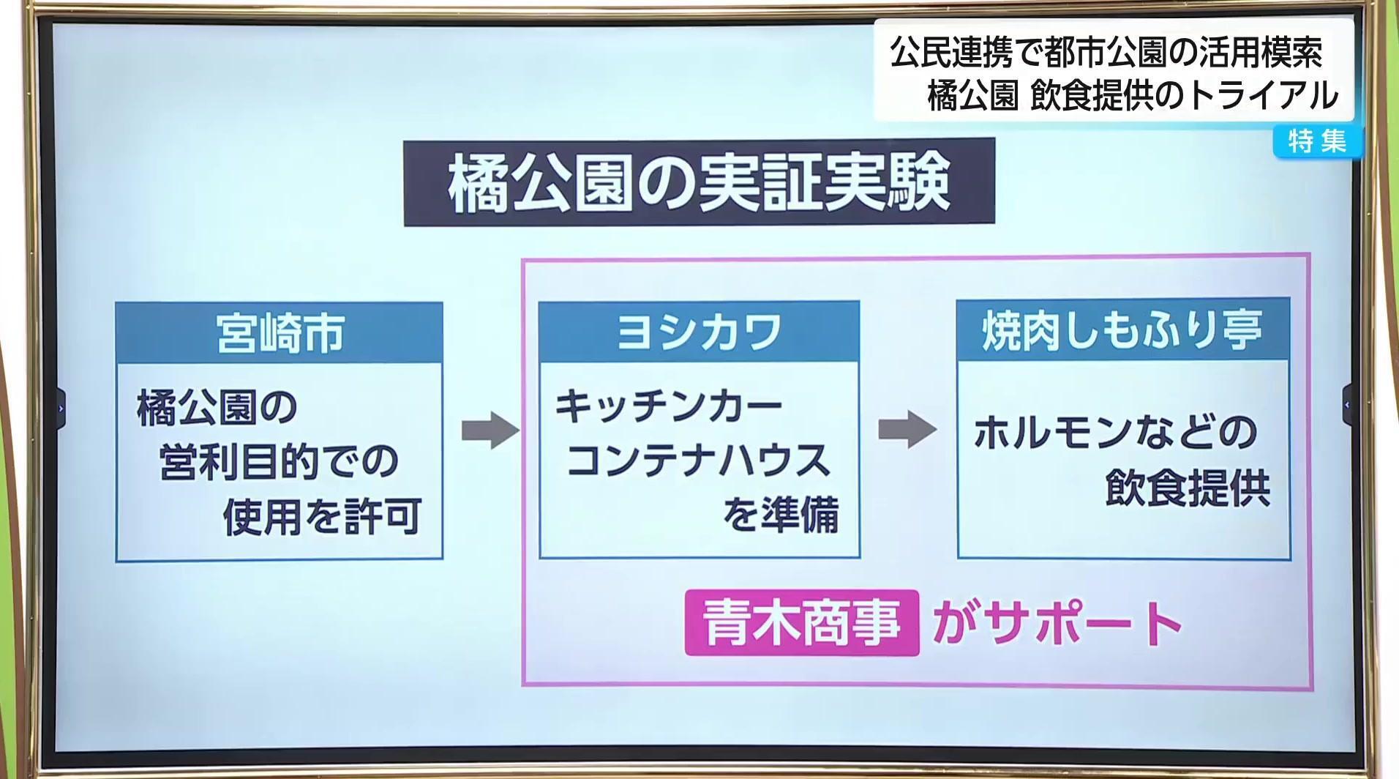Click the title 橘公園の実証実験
[x=699, y=182]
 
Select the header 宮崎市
[x=280, y=333]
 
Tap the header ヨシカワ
[x=699, y=332]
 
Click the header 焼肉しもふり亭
[x=1122, y=329]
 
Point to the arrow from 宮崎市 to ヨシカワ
[x=490, y=430]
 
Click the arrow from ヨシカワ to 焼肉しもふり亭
[x=907, y=430]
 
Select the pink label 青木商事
[x=801, y=623]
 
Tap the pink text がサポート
[x=1057, y=623]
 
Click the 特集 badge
[x=1317, y=141]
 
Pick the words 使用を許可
[x=322, y=517]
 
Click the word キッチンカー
[x=669, y=406]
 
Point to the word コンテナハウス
[x=698, y=461]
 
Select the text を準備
[x=780, y=515]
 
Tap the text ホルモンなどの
[x=1115, y=433]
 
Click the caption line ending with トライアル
[x=1133, y=95]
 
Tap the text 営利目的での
[x=278, y=462]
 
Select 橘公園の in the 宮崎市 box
[x=217, y=408]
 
